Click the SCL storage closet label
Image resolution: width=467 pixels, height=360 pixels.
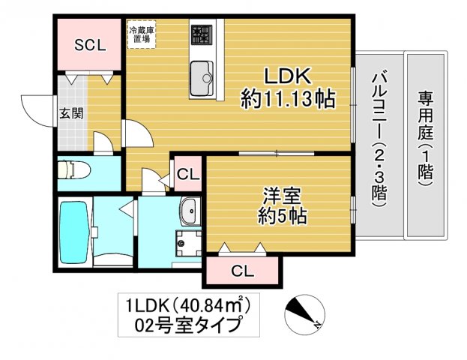[89, 44]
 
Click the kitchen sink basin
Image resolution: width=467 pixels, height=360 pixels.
[202, 77]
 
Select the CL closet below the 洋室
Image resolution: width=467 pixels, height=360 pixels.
[241, 270]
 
